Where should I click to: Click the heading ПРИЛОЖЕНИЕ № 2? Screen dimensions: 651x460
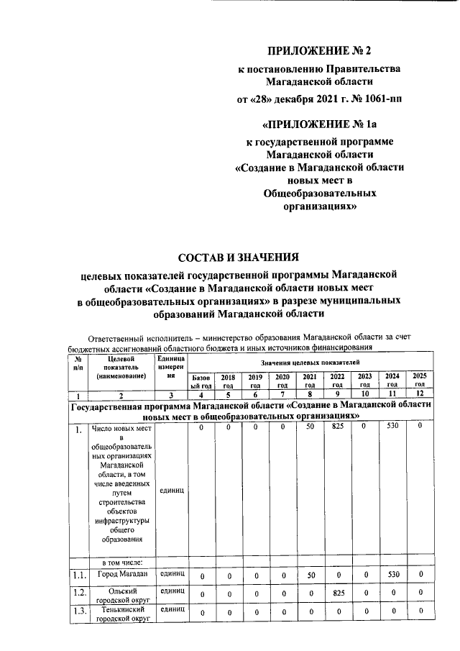pos(320,50)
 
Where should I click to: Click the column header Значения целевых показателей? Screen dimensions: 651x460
pos(310,365)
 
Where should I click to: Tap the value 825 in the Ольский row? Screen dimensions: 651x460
pos(336,594)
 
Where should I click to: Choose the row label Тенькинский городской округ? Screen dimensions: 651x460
pos(119,614)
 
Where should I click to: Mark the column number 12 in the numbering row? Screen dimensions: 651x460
pos(419,395)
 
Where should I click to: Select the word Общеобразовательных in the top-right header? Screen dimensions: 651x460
pos(320,193)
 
